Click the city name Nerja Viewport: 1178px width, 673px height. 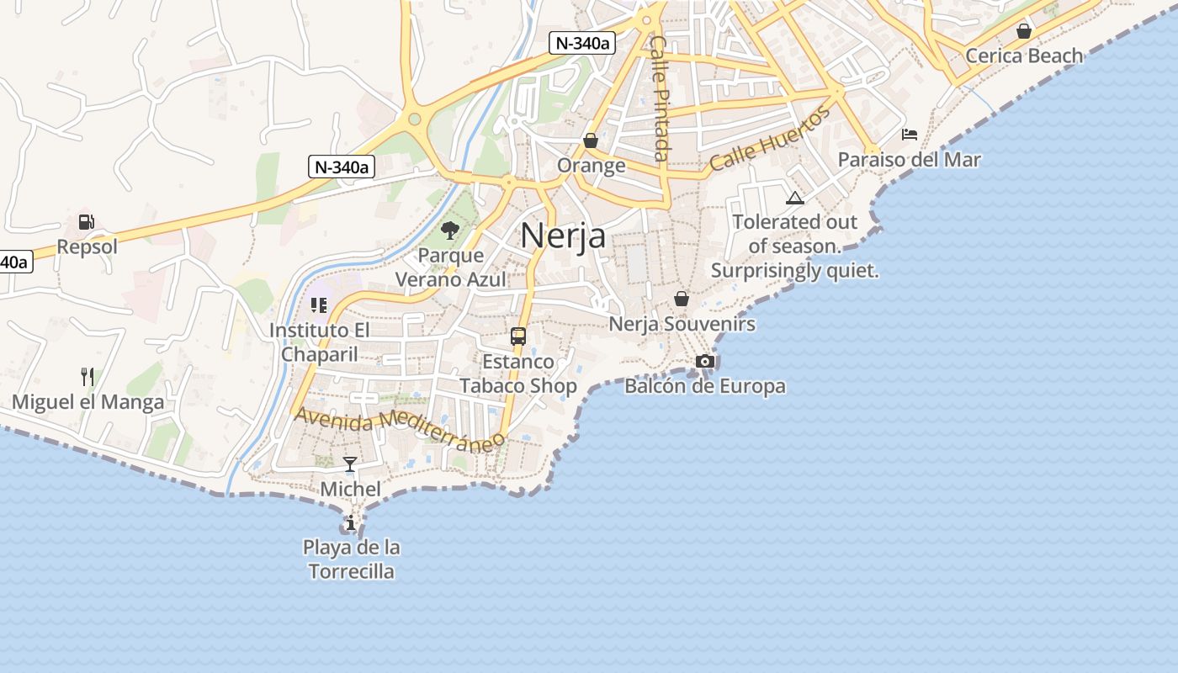point(563,235)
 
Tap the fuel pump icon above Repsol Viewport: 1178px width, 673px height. point(86,222)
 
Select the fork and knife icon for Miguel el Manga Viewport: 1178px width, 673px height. point(88,376)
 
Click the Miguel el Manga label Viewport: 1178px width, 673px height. point(88,402)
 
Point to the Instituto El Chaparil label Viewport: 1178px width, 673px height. point(319,342)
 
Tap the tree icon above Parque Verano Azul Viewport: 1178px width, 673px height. point(450,230)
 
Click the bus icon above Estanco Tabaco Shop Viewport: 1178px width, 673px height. point(518,336)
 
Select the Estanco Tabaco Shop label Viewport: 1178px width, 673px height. point(518,374)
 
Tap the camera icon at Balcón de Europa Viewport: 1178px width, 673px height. point(705,362)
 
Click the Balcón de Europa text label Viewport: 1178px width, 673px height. point(705,386)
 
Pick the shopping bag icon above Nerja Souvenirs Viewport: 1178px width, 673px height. point(682,299)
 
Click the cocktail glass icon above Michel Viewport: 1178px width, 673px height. point(350,464)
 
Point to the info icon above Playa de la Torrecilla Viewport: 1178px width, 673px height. point(351,523)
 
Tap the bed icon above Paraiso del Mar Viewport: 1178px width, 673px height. point(910,135)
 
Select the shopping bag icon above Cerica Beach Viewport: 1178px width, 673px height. point(1024,31)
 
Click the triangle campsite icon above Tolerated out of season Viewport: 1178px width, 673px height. point(794,199)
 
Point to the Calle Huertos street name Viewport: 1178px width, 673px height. point(770,139)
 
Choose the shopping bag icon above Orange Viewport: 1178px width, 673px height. point(591,140)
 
